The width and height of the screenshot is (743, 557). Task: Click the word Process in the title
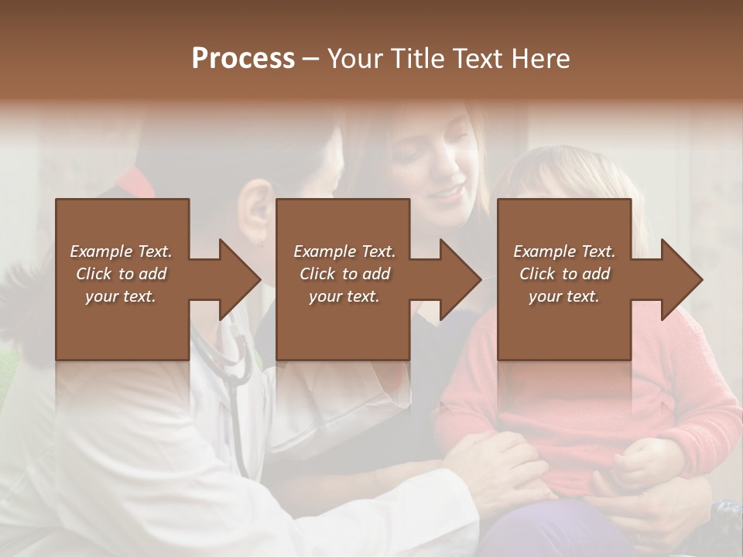243,59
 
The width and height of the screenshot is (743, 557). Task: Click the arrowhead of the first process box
240,279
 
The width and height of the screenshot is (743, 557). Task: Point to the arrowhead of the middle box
461,279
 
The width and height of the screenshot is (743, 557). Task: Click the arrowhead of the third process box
682,279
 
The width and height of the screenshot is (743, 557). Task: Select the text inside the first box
121,274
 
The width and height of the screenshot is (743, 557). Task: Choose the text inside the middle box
344,274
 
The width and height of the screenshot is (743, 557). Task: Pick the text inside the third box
563,274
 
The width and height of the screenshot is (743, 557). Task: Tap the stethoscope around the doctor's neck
232,364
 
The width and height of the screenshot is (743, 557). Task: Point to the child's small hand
635,464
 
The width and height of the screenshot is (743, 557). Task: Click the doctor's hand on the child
503,464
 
